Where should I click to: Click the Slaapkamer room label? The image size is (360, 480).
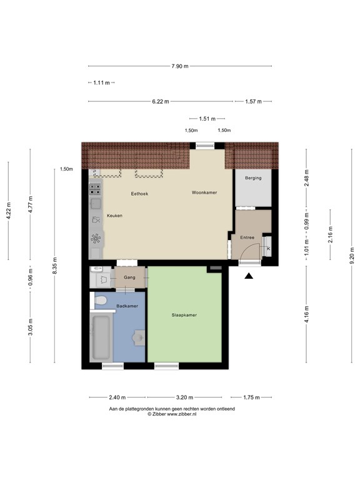[x=184, y=315]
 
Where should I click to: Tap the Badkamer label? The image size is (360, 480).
[x=127, y=306]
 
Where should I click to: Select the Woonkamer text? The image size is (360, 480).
[x=204, y=192]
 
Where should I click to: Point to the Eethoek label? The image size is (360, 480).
[x=139, y=194]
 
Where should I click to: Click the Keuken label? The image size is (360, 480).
[x=114, y=216]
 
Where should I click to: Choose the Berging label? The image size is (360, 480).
[x=253, y=178]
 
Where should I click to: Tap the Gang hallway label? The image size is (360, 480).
[x=129, y=277]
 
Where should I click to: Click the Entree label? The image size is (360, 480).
[x=247, y=237]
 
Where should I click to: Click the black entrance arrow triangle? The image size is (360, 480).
[x=249, y=276]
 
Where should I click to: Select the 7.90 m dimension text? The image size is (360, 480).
[x=180, y=66]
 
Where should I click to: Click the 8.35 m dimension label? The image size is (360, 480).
[x=54, y=266]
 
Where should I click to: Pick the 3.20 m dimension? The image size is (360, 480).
[x=184, y=397]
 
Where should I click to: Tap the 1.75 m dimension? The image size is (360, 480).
[x=252, y=397]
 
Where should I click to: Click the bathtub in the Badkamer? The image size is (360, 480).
[x=101, y=337]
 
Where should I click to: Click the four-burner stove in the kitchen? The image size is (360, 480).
[x=95, y=189]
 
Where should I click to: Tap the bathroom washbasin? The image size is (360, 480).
[x=139, y=337]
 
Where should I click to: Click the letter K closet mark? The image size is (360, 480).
[x=269, y=249]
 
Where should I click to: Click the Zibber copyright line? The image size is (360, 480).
[x=172, y=414]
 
